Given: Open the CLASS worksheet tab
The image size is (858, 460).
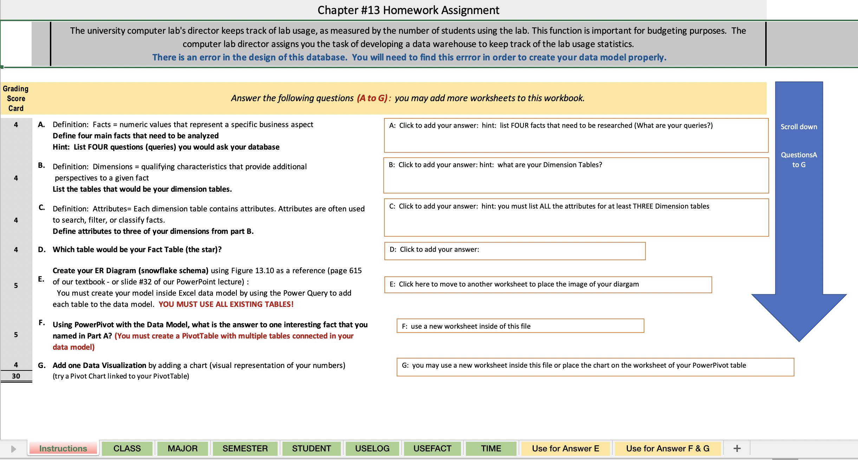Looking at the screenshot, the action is pyautogui.click(x=127, y=448).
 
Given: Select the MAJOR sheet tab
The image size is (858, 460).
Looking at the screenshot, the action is pyautogui.click(x=182, y=448).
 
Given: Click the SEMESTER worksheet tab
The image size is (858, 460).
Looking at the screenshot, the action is pyautogui.click(x=245, y=448).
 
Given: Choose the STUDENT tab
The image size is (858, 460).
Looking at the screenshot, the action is pyautogui.click(x=311, y=448).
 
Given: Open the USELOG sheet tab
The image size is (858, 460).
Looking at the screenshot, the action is pyautogui.click(x=372, y=448).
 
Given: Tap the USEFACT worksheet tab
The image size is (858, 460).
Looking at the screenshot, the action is pyautogui.click(x=432, y=448).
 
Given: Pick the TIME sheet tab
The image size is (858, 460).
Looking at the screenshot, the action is pyautogui.click(x=491, y=448).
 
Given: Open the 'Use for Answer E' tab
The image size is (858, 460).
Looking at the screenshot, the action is pyautogui.click(x=565, y=448).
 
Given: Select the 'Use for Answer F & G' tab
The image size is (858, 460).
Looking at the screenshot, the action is pyautogui.click(x=668, y=448).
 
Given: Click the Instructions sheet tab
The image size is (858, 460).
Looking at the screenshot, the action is pyautogui.click(x=63, y=448).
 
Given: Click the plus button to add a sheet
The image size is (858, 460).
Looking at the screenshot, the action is pyautogui.click(x=737, y=448).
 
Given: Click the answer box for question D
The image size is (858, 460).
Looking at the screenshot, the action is pyautogui.click(x=515, y=251).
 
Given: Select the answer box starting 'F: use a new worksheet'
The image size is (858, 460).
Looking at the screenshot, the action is pyautogui.click(x=520, y=326).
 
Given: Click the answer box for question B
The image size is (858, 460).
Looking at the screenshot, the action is pyautogui.click(x=576, y=175).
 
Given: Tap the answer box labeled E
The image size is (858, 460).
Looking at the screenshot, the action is pyautogui.click(x=548, y=284).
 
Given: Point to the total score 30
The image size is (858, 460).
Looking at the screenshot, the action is pyautogui.click(x=16, y=376).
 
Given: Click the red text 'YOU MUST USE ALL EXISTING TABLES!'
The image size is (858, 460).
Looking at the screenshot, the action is pyautogui.click(x=226, y=304).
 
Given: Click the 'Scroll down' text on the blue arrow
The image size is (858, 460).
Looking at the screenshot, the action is pyautogui.click(x=799, y=127).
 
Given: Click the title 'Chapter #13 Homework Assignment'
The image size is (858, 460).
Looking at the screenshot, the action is pyautogui.click(x=408, y=10).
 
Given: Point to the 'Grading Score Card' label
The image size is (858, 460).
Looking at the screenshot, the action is pyautogui.click(x=16, y=98).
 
